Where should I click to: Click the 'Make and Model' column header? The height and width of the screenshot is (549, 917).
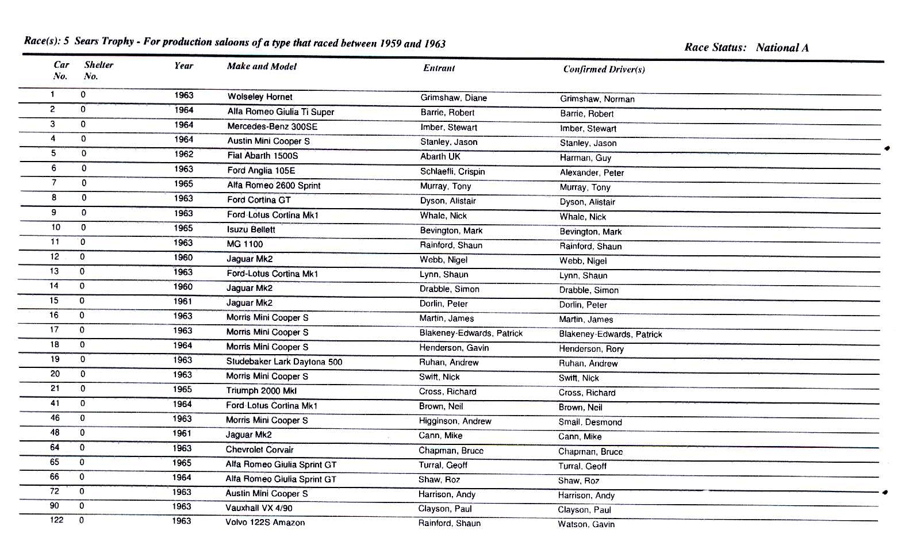point(262,67)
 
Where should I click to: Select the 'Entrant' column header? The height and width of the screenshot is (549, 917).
point(439,68)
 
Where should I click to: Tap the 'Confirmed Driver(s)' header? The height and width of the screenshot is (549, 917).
point(604,70)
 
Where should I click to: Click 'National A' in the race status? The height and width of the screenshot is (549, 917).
point(782,48)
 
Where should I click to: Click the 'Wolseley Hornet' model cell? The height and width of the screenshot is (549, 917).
point(259,97)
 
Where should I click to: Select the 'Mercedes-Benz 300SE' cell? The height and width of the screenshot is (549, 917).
point(272,126)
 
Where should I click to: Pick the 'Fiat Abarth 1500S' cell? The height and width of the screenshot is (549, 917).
point(262,156)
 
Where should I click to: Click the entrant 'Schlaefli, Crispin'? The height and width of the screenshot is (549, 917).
point(452,171)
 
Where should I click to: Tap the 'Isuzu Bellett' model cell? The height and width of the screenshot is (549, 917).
point(251,229)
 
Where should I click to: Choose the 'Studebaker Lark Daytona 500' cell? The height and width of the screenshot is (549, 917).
point(284,362)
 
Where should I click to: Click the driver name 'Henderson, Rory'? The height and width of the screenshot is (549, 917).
point(591,349)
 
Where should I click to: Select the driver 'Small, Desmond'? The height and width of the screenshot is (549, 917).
point(590,422)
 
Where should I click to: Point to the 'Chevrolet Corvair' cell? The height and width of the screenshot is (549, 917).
point(259,450)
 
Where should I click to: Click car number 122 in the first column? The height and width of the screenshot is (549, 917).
point(56,520)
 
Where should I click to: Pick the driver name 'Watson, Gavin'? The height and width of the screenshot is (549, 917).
point(586,524)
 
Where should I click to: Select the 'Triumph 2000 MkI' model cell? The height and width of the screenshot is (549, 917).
point(261,391)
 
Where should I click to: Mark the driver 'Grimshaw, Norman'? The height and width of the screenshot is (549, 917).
point(597,99)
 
